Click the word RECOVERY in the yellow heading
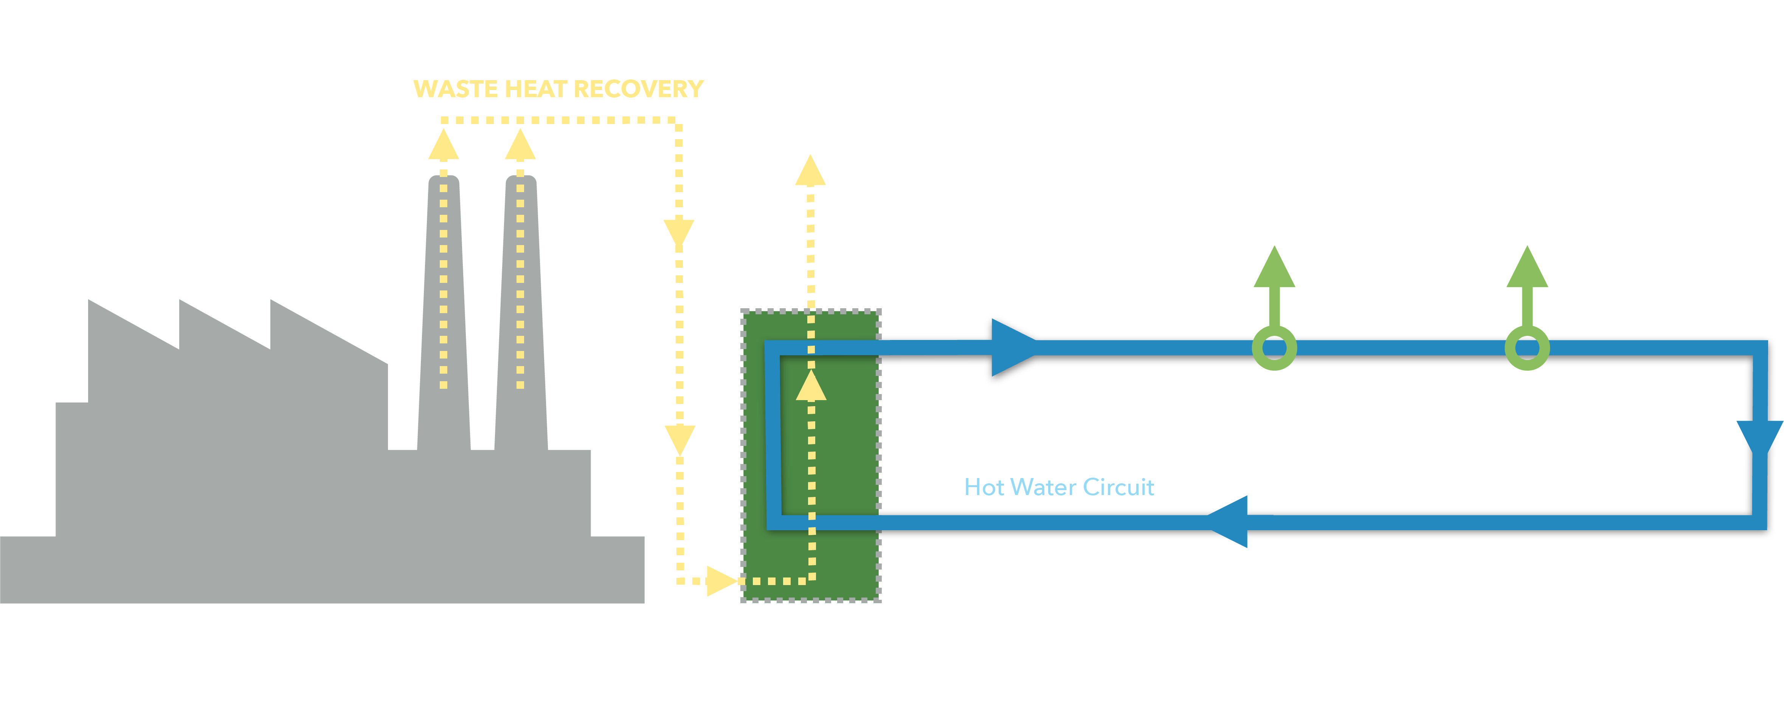639,89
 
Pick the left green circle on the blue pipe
1274,348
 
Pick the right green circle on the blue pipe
1527,348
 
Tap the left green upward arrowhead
1274,269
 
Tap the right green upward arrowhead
1527,269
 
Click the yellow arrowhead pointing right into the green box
721,581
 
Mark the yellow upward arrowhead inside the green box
811,387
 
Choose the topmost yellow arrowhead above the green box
810,172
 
